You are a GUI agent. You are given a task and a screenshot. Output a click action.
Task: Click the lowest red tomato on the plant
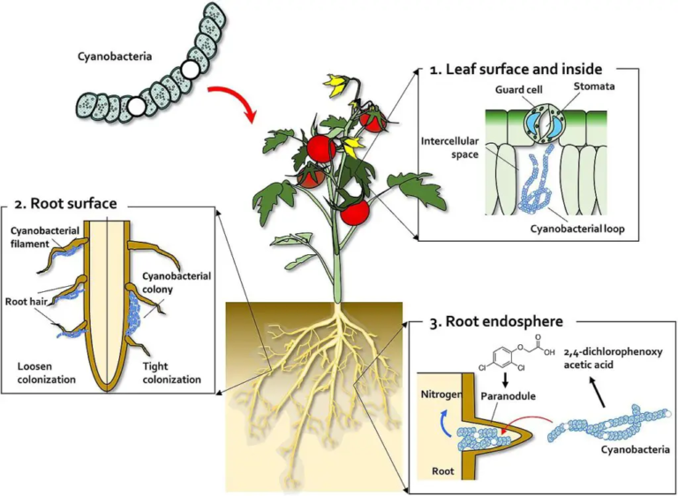[x=355, y=212]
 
